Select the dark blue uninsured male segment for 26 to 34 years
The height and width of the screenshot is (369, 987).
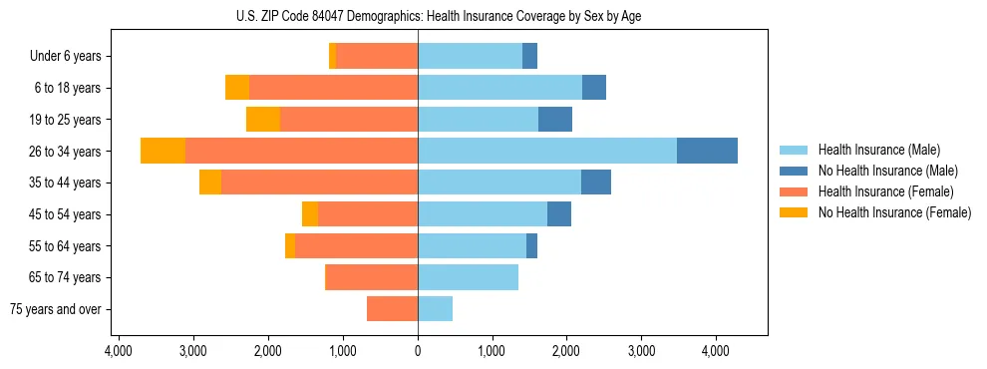(x=707, y=151)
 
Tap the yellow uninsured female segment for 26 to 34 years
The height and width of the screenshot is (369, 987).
(x=163, y=151)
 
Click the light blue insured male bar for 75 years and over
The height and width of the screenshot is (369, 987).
(x=435, y=309)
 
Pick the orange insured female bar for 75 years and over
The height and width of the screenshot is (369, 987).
(x=392, y=309)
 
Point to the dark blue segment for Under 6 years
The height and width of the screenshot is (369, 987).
(x=529, y=56)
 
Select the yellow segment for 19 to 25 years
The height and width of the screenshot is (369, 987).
(x=263, y=120)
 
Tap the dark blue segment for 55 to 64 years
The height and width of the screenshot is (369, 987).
(x=531, y=245)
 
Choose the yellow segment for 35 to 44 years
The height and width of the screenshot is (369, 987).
(x=210, y=183)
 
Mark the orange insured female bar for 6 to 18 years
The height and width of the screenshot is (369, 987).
(x=333, y=88)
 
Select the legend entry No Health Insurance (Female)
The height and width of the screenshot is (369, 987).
(x=894, y=212)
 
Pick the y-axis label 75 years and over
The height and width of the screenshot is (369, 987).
(x=56, y=309)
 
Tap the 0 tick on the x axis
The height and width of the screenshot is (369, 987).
(x=418, y=351)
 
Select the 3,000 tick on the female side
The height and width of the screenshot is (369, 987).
(x=193, y=351)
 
